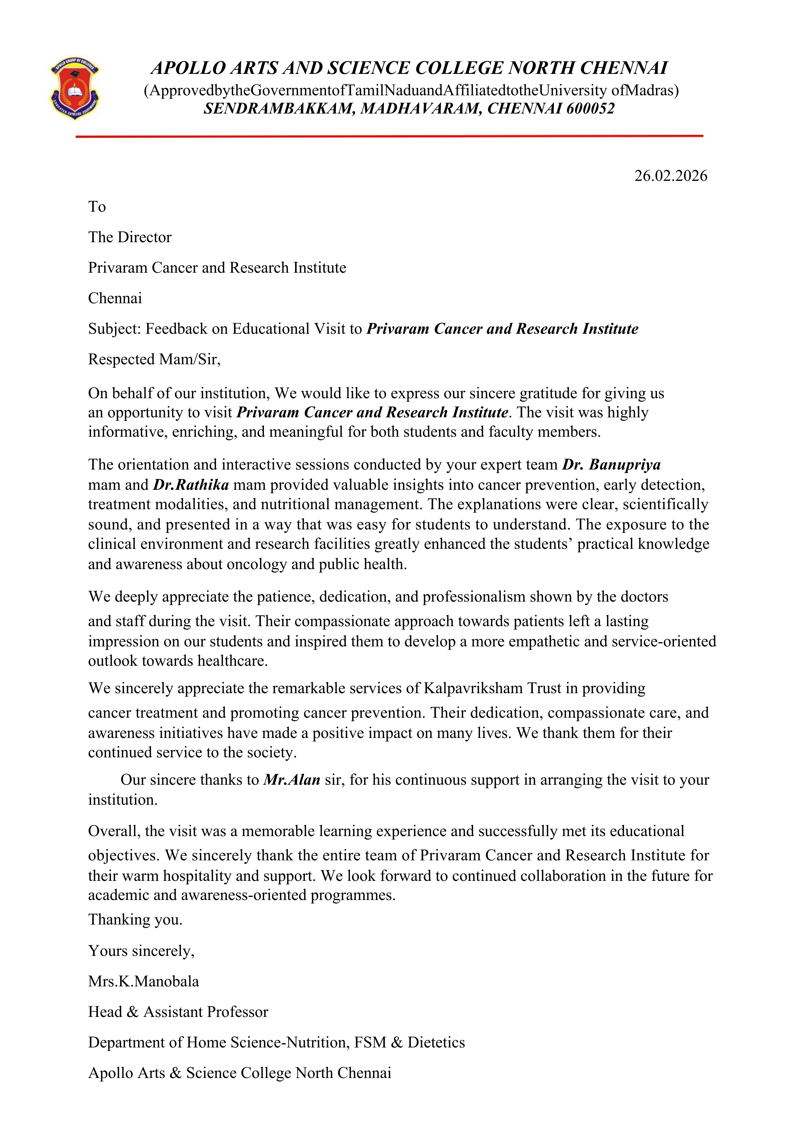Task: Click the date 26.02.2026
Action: tap(670, 176)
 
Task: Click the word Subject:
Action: tap(115, 329)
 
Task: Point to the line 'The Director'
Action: tap(130, 238)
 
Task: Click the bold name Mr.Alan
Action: tap(291, 780)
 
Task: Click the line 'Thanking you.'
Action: tap(135, 920)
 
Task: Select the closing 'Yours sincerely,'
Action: tap(141, 951)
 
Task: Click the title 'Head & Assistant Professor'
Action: tap(178, 1012)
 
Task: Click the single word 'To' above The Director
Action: tap(97, 207)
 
